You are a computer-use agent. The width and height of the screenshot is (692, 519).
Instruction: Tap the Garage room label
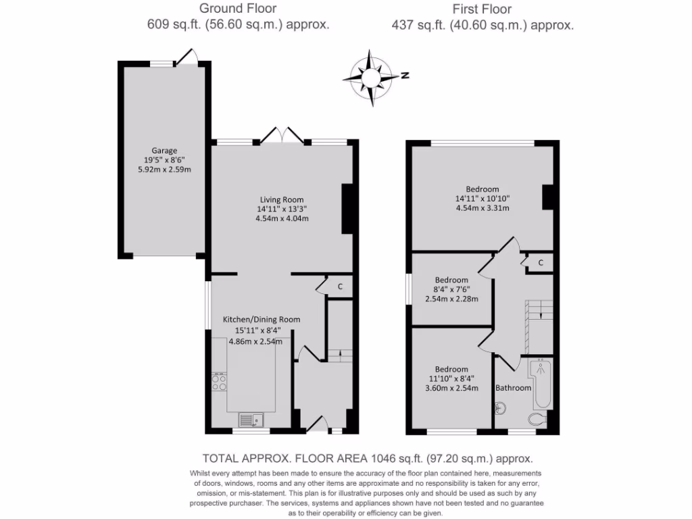[x=164, y=150]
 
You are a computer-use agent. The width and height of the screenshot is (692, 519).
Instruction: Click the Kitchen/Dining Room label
[x=262, y=320]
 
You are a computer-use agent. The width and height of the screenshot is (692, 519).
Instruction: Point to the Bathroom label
[x=513, y=388]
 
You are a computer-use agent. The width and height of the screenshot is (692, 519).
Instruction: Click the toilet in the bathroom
[x=538, y=420]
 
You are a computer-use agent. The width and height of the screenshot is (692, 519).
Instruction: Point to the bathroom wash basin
[x=499, y=407]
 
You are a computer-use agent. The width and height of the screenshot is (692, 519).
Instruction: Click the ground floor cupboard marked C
[x=340, y=287]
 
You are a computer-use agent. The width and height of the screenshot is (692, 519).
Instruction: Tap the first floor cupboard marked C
[x=541, y=262]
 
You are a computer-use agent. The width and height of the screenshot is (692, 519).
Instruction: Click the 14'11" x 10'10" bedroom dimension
[x=483, y=199]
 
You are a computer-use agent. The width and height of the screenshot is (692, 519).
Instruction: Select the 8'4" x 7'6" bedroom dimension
[x=451, y=289]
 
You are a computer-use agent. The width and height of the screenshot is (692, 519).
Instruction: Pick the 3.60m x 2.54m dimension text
[x=451, y=388]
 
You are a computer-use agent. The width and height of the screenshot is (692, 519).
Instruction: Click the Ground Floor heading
[x=238, y=9]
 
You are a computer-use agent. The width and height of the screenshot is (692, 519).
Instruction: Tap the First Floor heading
[x=482, y=9]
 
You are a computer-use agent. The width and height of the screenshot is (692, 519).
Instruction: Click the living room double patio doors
[x=282, y=134]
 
